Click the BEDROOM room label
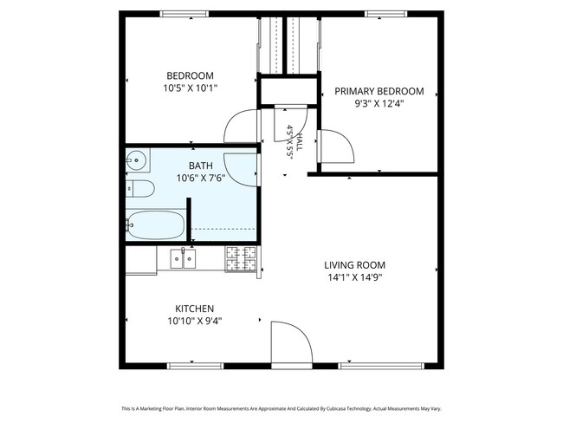click(x=190, y=75)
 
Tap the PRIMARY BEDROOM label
click(x=379, y=91)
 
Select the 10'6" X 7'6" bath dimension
click(x=201, y=178)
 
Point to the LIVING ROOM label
click(x=355, y=265)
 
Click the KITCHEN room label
click(x=195, y=309)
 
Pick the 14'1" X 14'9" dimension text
click(x=355, y=277)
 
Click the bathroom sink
click(x=137, y=160)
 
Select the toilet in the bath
click(x=140, y=189)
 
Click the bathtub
click(x=155, y=225)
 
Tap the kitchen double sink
click(x=183, y=259)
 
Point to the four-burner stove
click(x=241, y=259)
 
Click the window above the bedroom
click(x=184, y=14)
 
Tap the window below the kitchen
click(x=196, y=366)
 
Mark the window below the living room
click(x=381, y=366)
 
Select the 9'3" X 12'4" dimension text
click(x=379, y=104)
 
